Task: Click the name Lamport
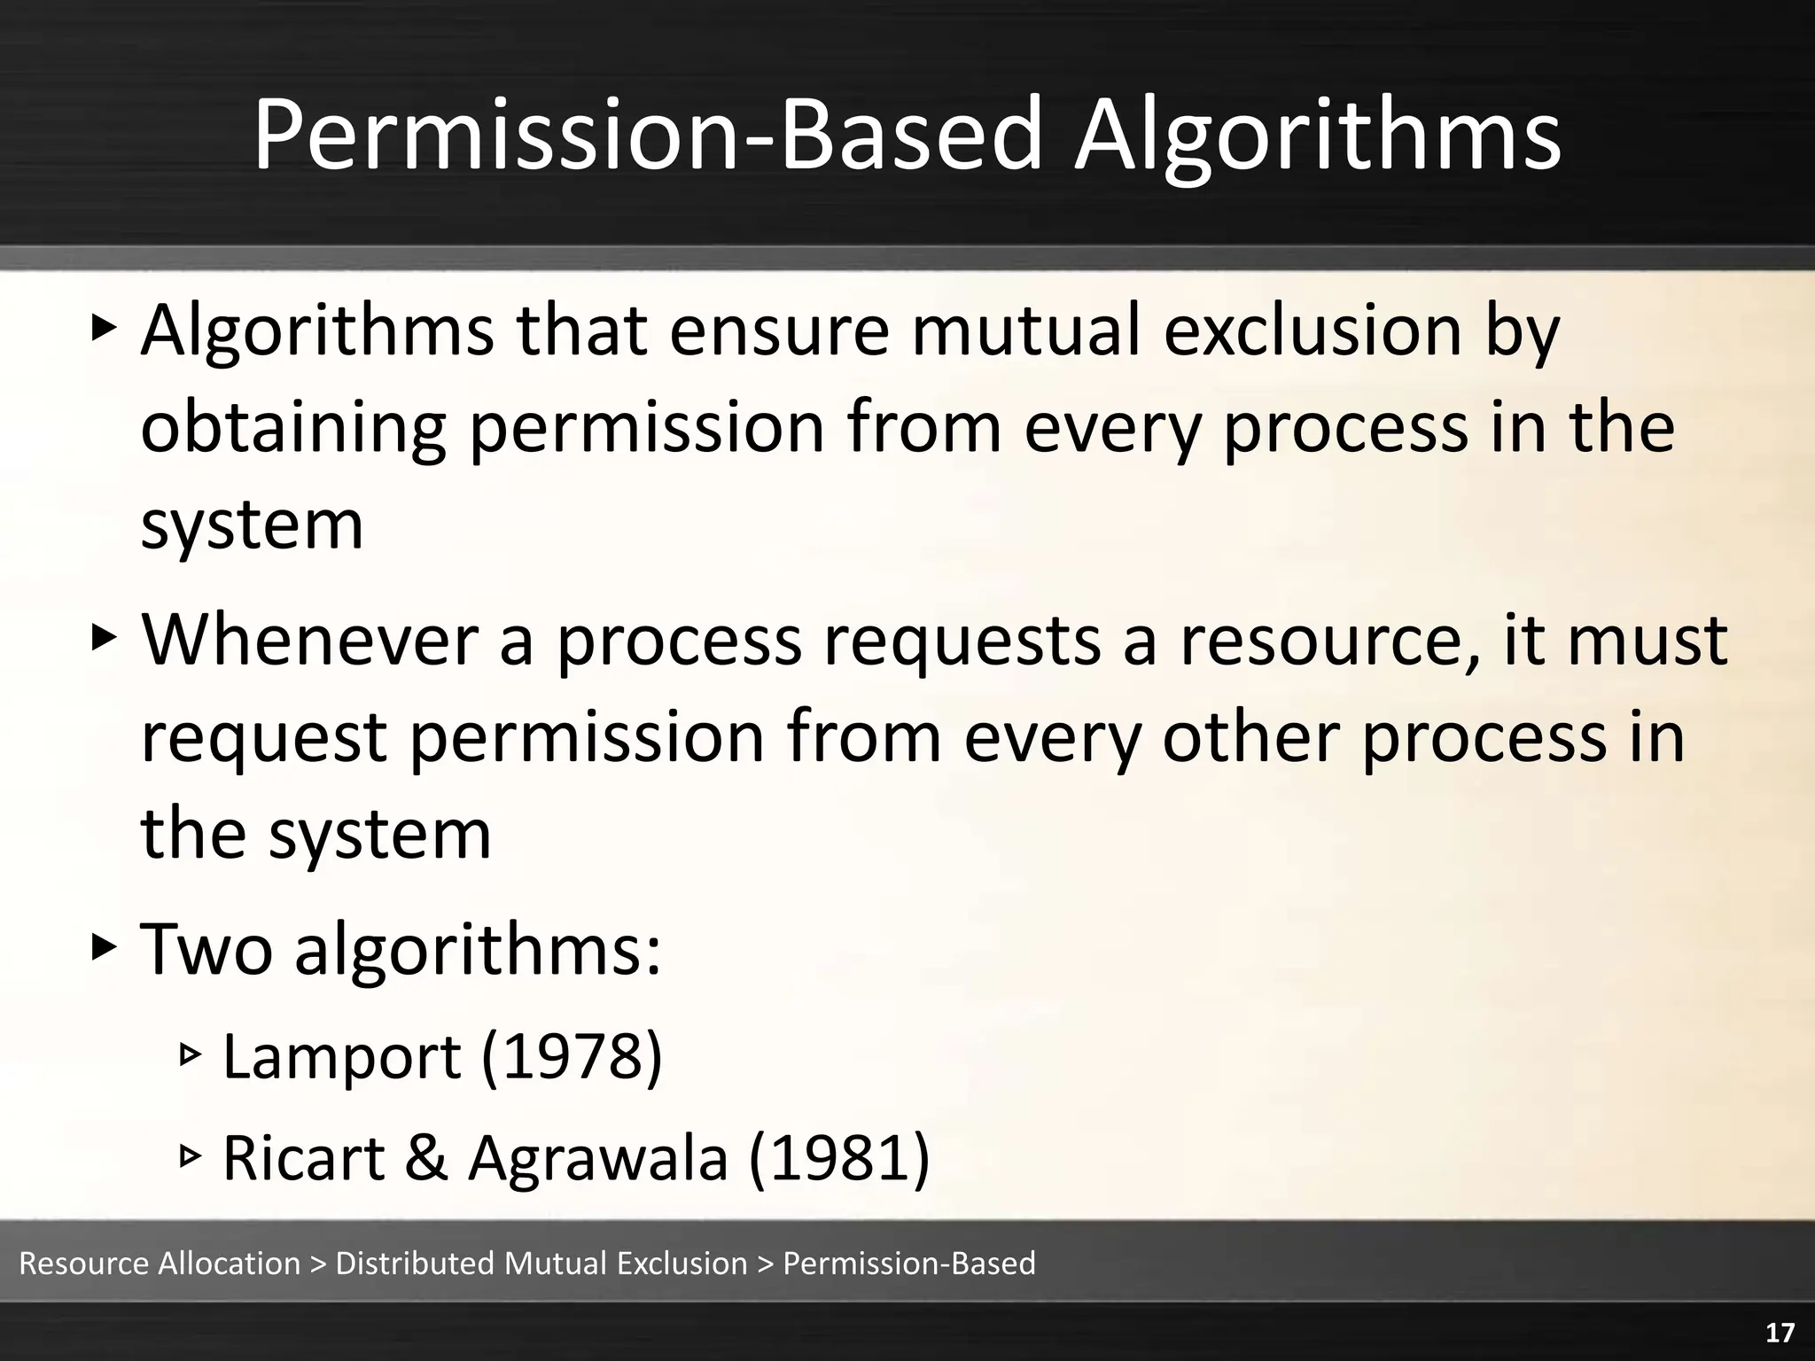click(342, 1057)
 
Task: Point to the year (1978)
click(572, 1057)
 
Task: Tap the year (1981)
click(839, 1157)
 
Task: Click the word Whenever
click(310, 639)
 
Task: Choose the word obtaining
click(293, 428)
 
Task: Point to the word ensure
click(778, 331)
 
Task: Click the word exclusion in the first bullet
click(1312, 331)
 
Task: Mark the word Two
click(206, 949)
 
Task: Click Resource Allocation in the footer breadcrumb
click(160, 1264)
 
